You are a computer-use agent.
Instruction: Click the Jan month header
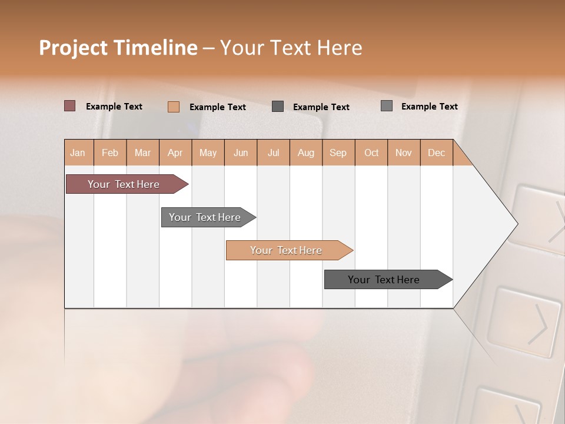pos(78,153)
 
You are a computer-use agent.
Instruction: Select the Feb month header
pos(110,153)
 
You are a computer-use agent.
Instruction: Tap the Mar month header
pos(142,153)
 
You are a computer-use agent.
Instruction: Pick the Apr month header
pos(175,153)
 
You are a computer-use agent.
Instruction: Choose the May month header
pos(208,153)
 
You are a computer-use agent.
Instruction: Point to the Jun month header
pos(241,153)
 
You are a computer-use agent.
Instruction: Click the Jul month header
pos(273,153)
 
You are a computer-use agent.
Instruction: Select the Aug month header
pos(306,153)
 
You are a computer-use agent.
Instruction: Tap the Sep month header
pos(338,153)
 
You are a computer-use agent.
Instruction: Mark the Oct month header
pos(371,153)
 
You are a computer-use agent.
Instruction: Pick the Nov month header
pos(404,153)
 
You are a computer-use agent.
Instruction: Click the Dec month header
pos(437,153)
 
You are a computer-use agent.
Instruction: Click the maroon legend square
pos(70,106)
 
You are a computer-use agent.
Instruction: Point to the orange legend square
pos(174,107)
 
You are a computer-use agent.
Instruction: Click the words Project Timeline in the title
pos(118,48)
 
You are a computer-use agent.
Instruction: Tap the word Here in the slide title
pos(340,48)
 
